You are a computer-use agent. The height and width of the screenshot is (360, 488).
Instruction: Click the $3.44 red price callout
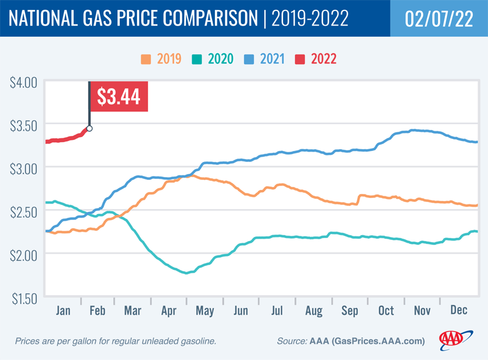pyautogui.click(x=119, y=96)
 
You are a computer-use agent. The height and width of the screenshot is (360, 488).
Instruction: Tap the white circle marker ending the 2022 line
pyautogui.click(x=89, y=128)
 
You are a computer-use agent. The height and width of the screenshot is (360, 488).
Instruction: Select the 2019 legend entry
pyautogui.click(x=162, y=59)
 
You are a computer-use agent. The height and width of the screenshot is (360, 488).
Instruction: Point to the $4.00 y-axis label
pyautogui.click(x=24, y=82)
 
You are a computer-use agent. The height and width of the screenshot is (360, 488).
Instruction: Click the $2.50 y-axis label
pyautogui.click(x=24, y=211)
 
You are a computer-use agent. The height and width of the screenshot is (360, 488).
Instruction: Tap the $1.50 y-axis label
pyautogui.click(x=24, y=298)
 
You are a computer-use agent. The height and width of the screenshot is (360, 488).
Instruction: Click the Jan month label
pyautogui.click(x=63, y=311)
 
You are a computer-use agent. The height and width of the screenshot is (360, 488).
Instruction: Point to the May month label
pyautogui.click(x=205, y=311)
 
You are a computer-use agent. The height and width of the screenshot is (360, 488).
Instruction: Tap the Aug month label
pyautogui.click(x=313, y=311)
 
